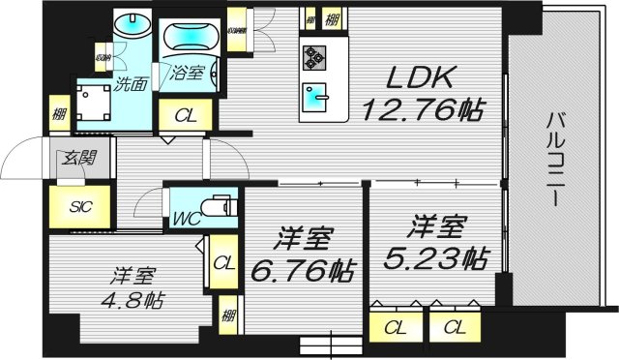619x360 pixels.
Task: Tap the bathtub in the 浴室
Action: tap(191, 38)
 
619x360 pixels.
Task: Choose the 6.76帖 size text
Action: tap(303, 266)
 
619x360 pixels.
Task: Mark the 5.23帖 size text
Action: tap(433, 258)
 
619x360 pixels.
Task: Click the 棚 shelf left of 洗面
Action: tap(60, 114)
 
